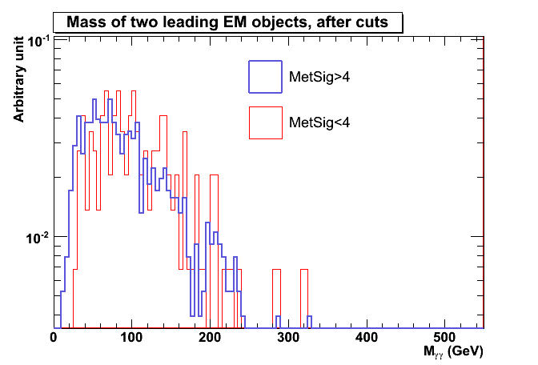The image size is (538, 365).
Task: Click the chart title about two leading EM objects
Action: point(227,23)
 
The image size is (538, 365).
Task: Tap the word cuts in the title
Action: point(371,23)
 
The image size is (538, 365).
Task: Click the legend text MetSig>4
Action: point(319,78)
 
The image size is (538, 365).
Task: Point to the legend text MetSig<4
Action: point(319,122)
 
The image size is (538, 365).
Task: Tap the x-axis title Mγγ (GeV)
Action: point(453,351)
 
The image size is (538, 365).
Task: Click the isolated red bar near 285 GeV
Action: point(276,299)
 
